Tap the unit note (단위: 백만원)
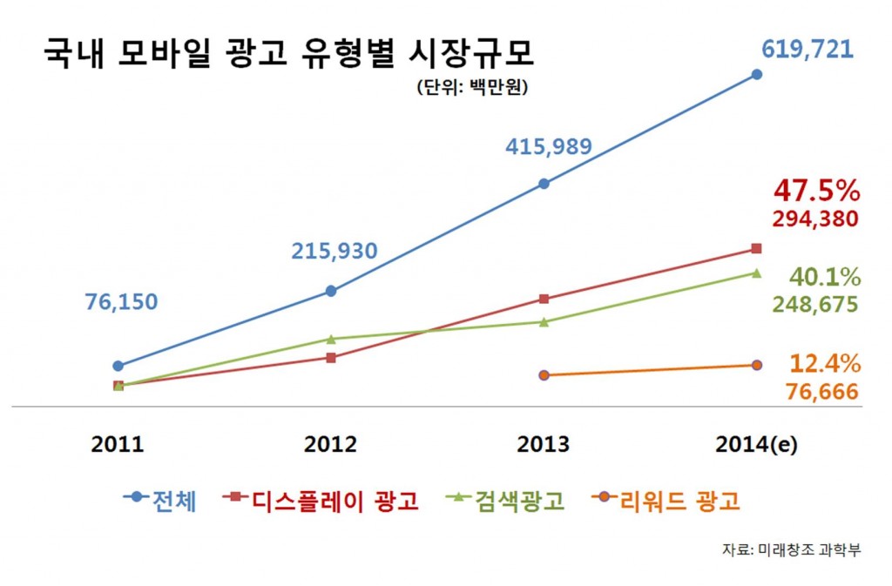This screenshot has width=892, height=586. click(473, 88)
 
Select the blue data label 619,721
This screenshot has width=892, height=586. click(808, 49)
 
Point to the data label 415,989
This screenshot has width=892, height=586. click(549, 147)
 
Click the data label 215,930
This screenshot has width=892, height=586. click(334, 252)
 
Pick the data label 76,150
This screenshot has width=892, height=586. click(121, 302)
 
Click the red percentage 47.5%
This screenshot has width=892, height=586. click(816, 191)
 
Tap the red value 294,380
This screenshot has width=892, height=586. click(816, 219)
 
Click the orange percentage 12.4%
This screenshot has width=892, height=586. click(824, 363)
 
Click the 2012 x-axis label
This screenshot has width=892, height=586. click(330, 445)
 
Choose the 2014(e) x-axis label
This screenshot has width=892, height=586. click(756, 445)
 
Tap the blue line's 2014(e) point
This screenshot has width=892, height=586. click(756, 75)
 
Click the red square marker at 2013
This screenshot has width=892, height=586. click(544, 299)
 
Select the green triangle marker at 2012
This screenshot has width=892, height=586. click(330, 338)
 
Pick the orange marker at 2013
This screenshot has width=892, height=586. click(544, 375)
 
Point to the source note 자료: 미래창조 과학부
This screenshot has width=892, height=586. click(791, 550)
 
